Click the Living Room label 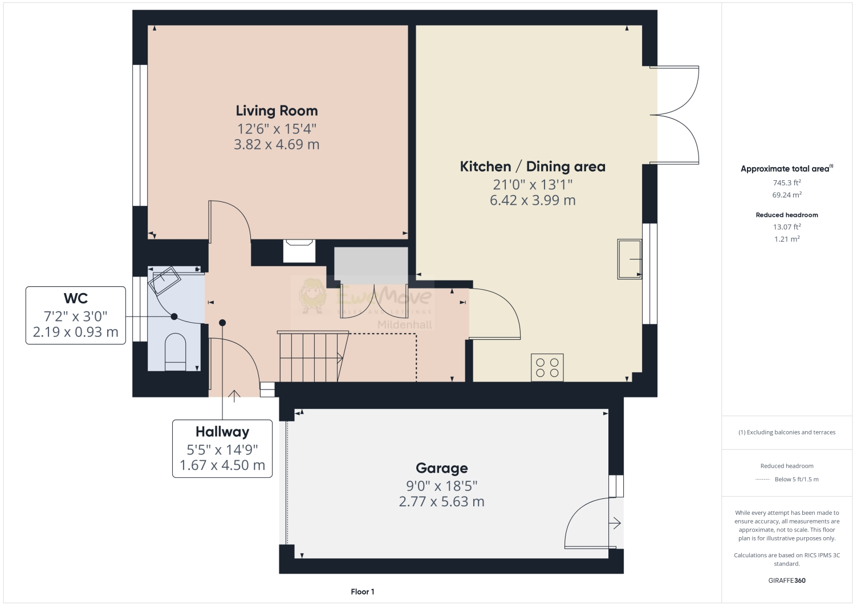coord(277,111)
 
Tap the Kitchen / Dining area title coord(533,167)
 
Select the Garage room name coord(441,468)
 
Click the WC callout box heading coord(75,298)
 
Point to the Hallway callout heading coord(222,432)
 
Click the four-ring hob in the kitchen coord(547,367)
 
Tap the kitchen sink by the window coord(629,259)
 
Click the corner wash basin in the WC coord(164,279)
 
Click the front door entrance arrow coord(234,395)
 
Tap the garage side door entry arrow coord(615,522)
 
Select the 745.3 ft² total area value coord(786,183)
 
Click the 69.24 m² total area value coord(786,195)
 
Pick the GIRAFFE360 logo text coord(787,581)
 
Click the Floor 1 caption coord(362,592)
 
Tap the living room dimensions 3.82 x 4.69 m coord(277,144)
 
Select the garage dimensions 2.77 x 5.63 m coord(441,502)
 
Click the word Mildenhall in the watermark coord(405,325)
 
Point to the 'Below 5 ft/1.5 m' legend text coord(796,480)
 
